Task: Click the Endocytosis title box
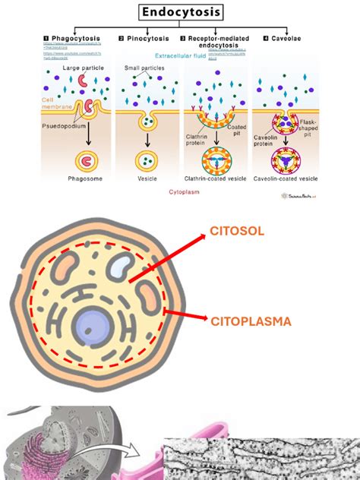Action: point(181,12)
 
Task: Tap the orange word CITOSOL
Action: point(236,231)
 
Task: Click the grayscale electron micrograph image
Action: point(262,459)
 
